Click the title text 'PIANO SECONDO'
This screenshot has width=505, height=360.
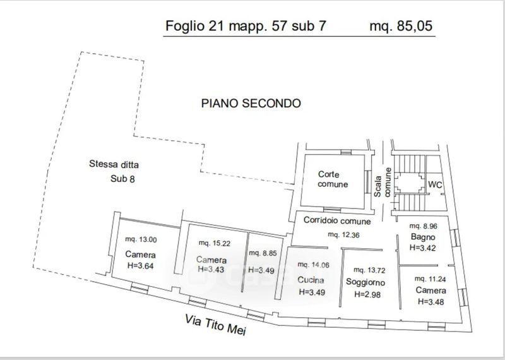click(x=251, y=103)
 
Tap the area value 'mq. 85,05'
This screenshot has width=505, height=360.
click(x=401, y=26)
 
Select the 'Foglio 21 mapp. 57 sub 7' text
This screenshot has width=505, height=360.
click(x=246, y=26)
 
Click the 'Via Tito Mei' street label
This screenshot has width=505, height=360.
click(x=215, y=325)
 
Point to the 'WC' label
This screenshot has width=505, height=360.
click(x=435, y=184)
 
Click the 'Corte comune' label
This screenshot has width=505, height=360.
click(x=333, y=179)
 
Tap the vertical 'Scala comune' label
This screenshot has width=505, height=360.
click(x=383, y=182)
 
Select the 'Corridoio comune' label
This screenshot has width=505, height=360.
click(x=337, y=220)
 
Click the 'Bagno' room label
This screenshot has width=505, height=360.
click(x=423, y=237)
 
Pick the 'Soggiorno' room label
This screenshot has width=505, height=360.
click(x=365, y=282)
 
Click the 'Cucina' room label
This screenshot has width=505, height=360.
click(x=311, y=280)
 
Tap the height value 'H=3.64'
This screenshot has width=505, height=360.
click(x=140, y=266)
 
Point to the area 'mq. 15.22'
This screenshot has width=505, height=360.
click(x=215, y=243)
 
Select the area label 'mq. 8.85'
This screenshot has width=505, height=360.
click(x=263, y=253)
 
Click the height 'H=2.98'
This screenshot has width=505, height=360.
click(x=367, y=294)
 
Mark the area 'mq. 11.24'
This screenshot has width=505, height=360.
click(x=430, y=279)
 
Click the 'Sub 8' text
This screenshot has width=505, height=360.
click(x=122, y=179)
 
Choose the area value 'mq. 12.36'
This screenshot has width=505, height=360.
click(x=343, y=234)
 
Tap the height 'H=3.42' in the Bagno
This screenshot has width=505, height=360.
click(x=422, y=248)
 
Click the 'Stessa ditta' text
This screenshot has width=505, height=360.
click(x=114, y=164)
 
